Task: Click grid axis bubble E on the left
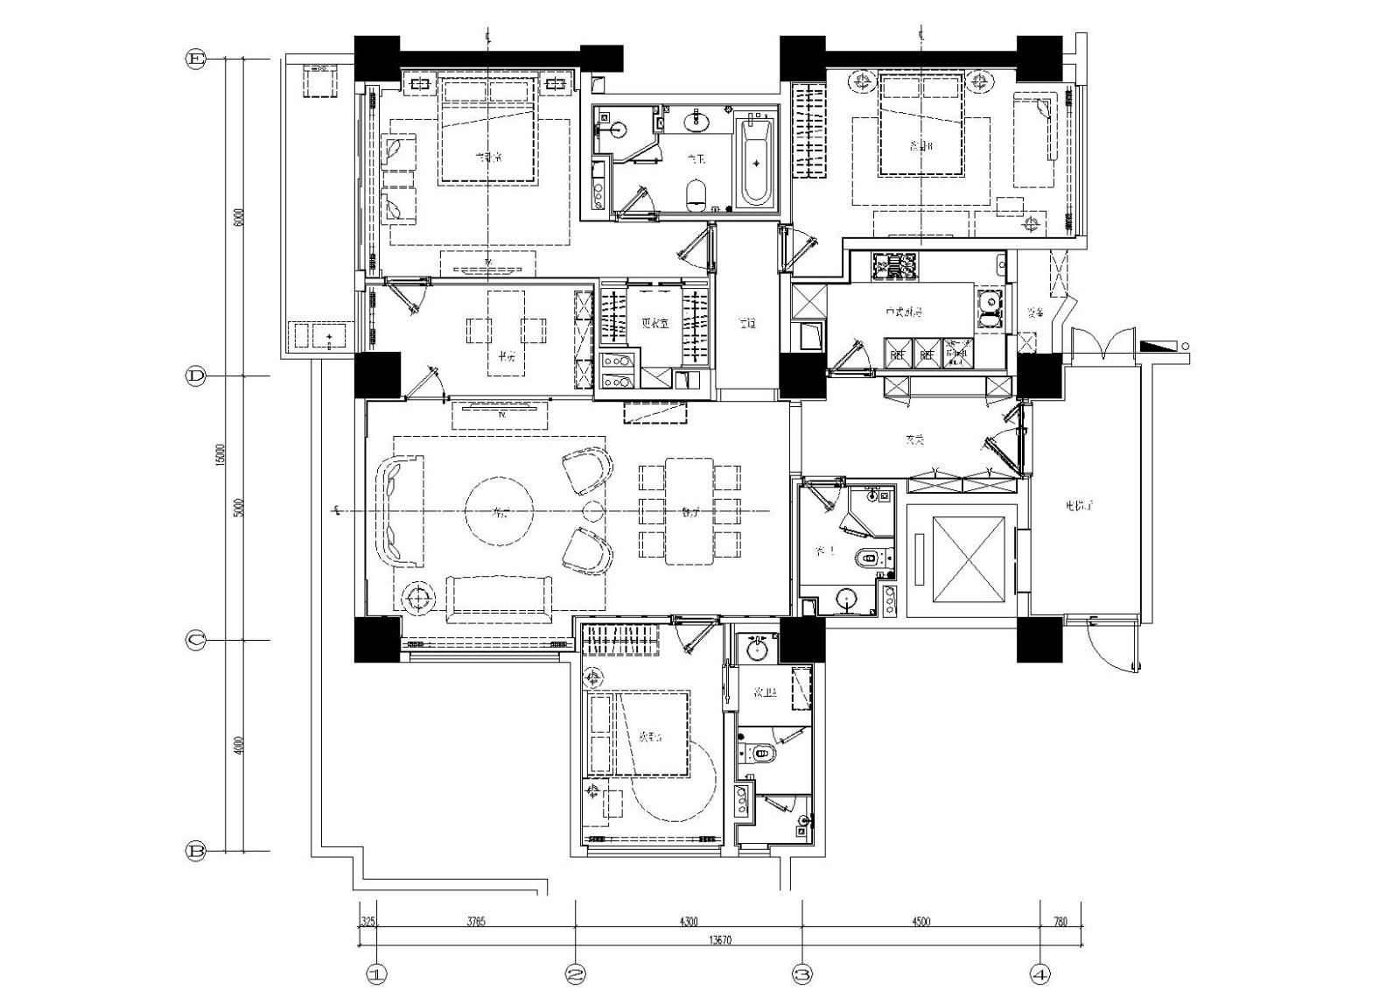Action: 195,60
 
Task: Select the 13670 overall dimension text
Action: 719,940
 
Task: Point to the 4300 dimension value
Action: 689,921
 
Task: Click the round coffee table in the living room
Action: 500,512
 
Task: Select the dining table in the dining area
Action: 689,511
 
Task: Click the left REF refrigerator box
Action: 899,354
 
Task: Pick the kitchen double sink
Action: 990,309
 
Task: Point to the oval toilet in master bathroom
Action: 696,194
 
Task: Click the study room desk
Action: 507,331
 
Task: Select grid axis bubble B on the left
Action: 195,851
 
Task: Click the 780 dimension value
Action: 1060,921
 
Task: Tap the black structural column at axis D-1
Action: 377,375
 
